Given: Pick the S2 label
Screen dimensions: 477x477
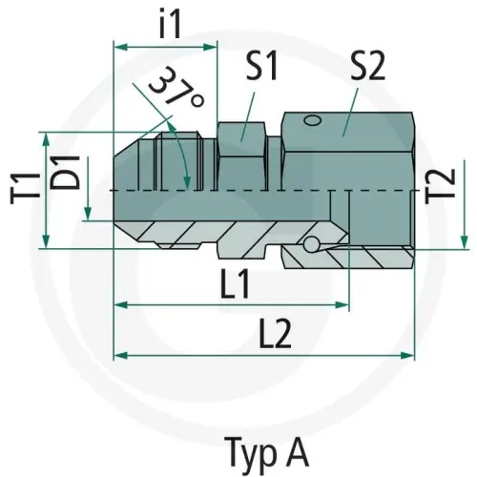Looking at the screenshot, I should (366, 68).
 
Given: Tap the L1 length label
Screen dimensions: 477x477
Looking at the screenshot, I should (232, 283).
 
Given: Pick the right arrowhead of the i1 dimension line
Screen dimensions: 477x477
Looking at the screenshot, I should (213, 44).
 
